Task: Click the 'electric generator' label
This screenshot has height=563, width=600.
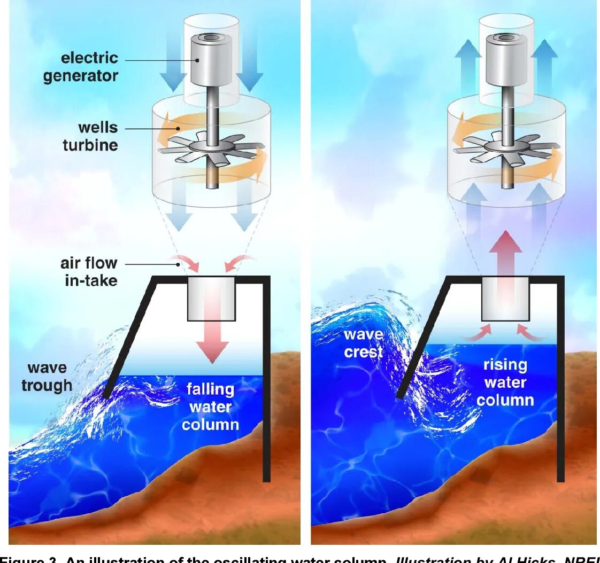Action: pos(80,67)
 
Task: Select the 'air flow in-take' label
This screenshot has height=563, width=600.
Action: pos(90,271)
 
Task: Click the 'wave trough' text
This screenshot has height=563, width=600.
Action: pos(47,376)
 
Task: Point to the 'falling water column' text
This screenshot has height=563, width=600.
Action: pos(210,406)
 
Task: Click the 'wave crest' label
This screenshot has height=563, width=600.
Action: pos(363,343)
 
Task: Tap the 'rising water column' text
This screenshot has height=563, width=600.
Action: pos(505,382)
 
